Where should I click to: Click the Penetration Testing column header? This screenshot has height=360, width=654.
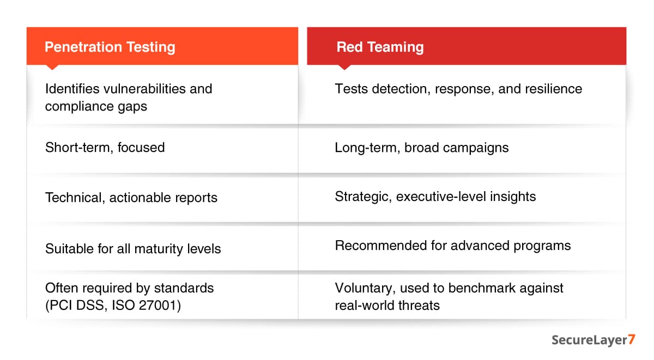pyautogui.click(x=110, y=47)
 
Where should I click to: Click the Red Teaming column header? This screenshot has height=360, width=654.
pyautogui.click(x=380, y=47)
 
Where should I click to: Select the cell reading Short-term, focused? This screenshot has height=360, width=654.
pyautogui.click(x=105, y=147)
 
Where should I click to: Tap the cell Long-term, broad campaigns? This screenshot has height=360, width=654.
pyautogui.click(x=421, y=147)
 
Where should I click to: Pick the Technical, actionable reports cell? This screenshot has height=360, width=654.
pyautogui.click(x=131, y=198)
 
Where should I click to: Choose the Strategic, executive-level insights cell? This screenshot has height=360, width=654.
pyautogui.click(x=435, y=197)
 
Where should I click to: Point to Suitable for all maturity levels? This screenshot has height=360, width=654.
pyautogui.click(x=133, y=249)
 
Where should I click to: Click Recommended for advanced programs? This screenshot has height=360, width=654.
pyautogui.click(x=452, y=246)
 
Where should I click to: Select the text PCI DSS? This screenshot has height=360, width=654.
pyautogui.click(x=71, y=306)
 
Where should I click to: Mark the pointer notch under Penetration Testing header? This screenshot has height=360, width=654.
pyautogui.click(x=52, y=67)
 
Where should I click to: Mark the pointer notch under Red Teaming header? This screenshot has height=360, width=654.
pyautogui.click(x=344, y=67)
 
